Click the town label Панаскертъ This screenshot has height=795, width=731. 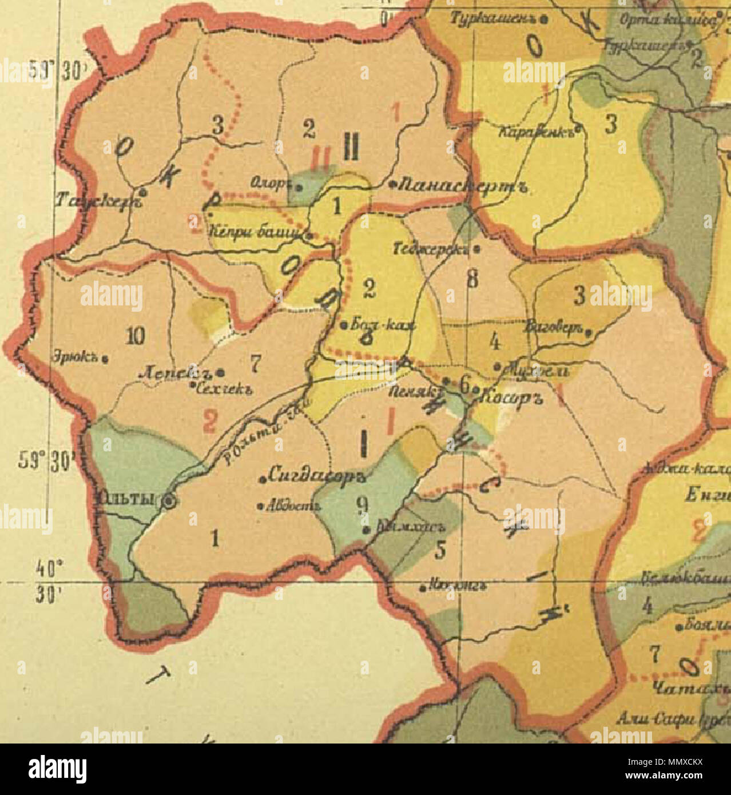click(460, 185)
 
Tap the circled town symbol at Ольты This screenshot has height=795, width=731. click(169, 500)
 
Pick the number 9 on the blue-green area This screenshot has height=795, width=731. click(361, 503)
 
